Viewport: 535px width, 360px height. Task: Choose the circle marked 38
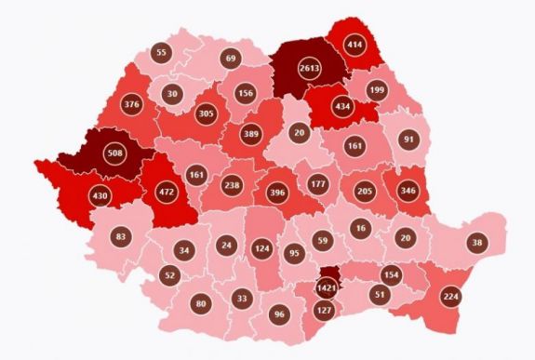coord(476,242)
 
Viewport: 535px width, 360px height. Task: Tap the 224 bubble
coord(450,296)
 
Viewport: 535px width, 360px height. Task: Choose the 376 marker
coord(131,104)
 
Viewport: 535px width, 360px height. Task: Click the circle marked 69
coord(230,60)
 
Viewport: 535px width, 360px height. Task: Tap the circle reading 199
coord(376,89)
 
